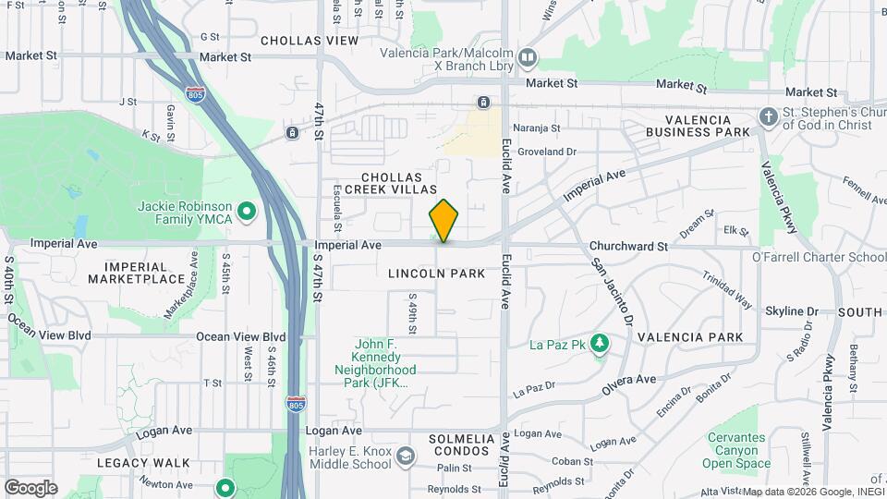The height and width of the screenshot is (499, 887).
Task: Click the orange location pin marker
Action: pos(443,221)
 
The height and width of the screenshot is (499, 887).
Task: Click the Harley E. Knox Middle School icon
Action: pos(405,456)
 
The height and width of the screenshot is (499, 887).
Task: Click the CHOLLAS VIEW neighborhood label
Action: pos(309,41)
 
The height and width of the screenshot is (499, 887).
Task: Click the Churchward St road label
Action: pos(628,247)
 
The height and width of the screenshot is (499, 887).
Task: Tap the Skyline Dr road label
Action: pos(793,311)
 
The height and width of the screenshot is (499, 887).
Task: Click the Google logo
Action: pos(30,488)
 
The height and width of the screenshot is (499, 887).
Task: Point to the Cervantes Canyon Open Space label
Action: pos(736,450)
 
